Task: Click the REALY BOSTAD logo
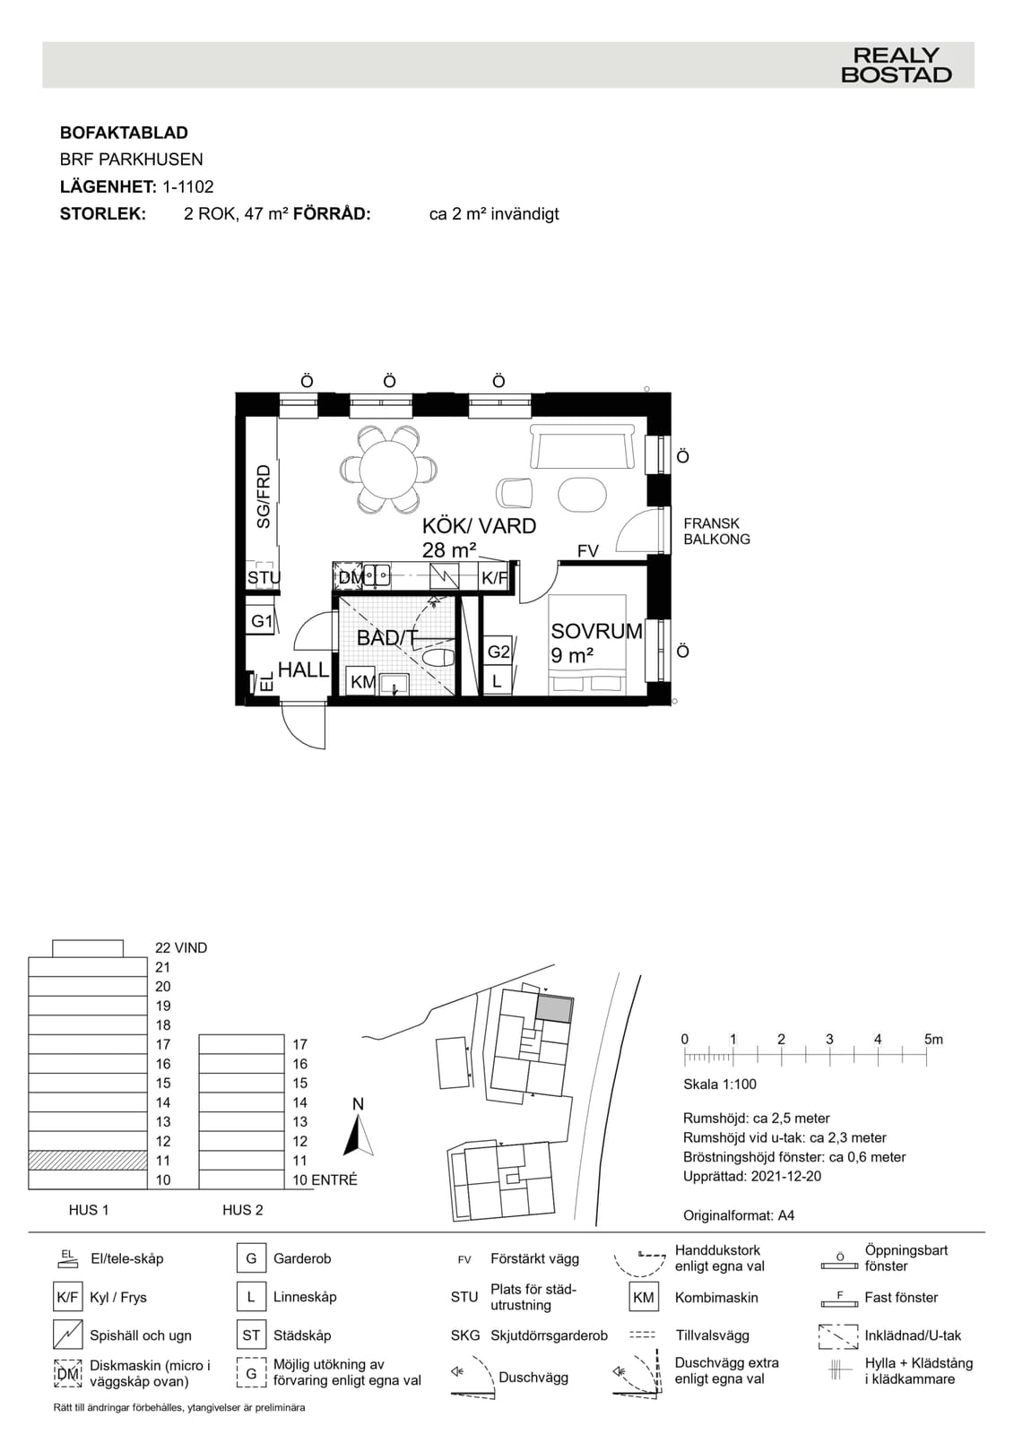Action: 896,65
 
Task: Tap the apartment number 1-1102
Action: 187,187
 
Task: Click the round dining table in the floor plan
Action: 387,470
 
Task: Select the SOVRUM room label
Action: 596,631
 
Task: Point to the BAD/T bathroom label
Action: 387,637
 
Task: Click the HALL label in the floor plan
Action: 303,669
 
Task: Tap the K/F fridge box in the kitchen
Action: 494,578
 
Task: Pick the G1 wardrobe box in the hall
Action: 262,620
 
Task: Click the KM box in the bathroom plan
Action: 362,682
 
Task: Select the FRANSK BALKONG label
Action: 716,531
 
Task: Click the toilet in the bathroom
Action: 438,658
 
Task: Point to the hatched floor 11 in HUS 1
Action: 88,1161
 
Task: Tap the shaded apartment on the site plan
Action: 554,1009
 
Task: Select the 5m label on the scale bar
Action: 933,1040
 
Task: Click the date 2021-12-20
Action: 786,1176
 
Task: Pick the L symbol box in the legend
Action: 251,1297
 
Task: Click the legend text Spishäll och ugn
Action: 140,1335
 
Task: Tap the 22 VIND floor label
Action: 181,948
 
